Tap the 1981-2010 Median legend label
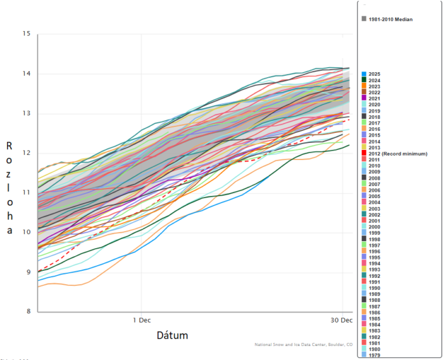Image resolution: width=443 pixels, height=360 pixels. tap(390, 20)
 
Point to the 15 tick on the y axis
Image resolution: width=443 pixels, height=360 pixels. tap(27, 34)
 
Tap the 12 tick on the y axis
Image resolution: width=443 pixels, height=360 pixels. tap(27, 153)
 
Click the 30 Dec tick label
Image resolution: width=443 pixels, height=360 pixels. tap(342, 321)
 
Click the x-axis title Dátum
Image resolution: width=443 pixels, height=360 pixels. tap(172, 335)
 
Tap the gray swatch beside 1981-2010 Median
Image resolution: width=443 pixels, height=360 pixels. tap(364, 20)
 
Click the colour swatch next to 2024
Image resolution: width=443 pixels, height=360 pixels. tap(364, 80)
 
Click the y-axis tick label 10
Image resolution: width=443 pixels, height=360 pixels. tap(27, 232)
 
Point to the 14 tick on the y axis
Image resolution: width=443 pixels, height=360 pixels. tap(27, 74)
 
